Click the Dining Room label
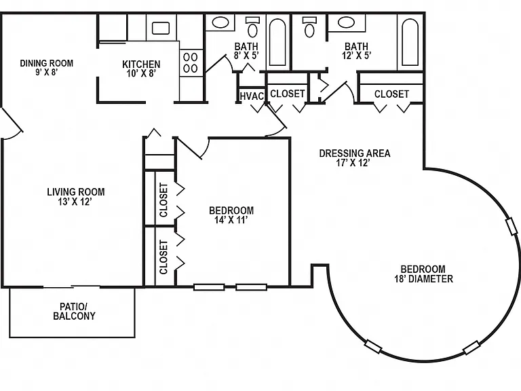[47, 63]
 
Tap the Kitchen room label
[141, 64]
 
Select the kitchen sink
[161, 29]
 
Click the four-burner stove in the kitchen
[191, 63]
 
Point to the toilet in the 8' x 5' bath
[253, 27]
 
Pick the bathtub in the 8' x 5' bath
[277, 42]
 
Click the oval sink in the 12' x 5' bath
[347, 22]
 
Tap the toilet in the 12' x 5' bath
[309, 27]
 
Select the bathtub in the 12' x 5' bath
[410, 42]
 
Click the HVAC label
[252, 96]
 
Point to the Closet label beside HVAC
[288, 94]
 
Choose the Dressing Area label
[355, 153]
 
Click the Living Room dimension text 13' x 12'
[75, 202]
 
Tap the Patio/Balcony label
[74, 311]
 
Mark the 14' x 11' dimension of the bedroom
[231, 220]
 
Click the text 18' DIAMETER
[423, 278]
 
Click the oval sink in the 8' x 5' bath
[220, 22]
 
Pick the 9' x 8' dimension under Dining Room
[47, 72]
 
